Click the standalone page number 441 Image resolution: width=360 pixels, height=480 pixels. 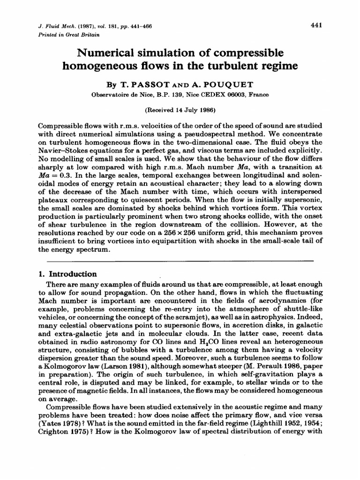[315, 26]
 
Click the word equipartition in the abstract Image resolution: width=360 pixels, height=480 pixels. [187, 240]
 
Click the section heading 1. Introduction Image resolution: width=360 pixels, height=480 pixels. [67, 274]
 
